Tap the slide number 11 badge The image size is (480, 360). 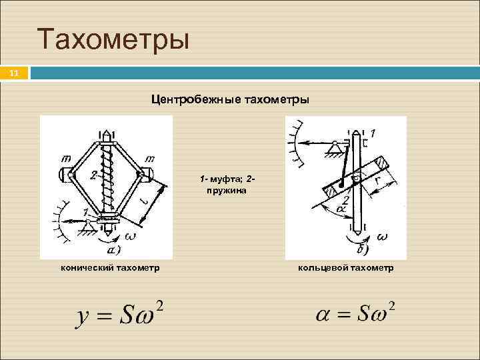(x=14, y=73)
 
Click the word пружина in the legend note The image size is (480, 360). (x=227, y=190)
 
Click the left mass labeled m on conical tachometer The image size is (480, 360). (x=67, y=175)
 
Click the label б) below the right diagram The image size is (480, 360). (x=362, y=251)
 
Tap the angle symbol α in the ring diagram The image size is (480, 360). (x=341, y=209)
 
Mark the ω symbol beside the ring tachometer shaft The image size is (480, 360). (x=382, y=237)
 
